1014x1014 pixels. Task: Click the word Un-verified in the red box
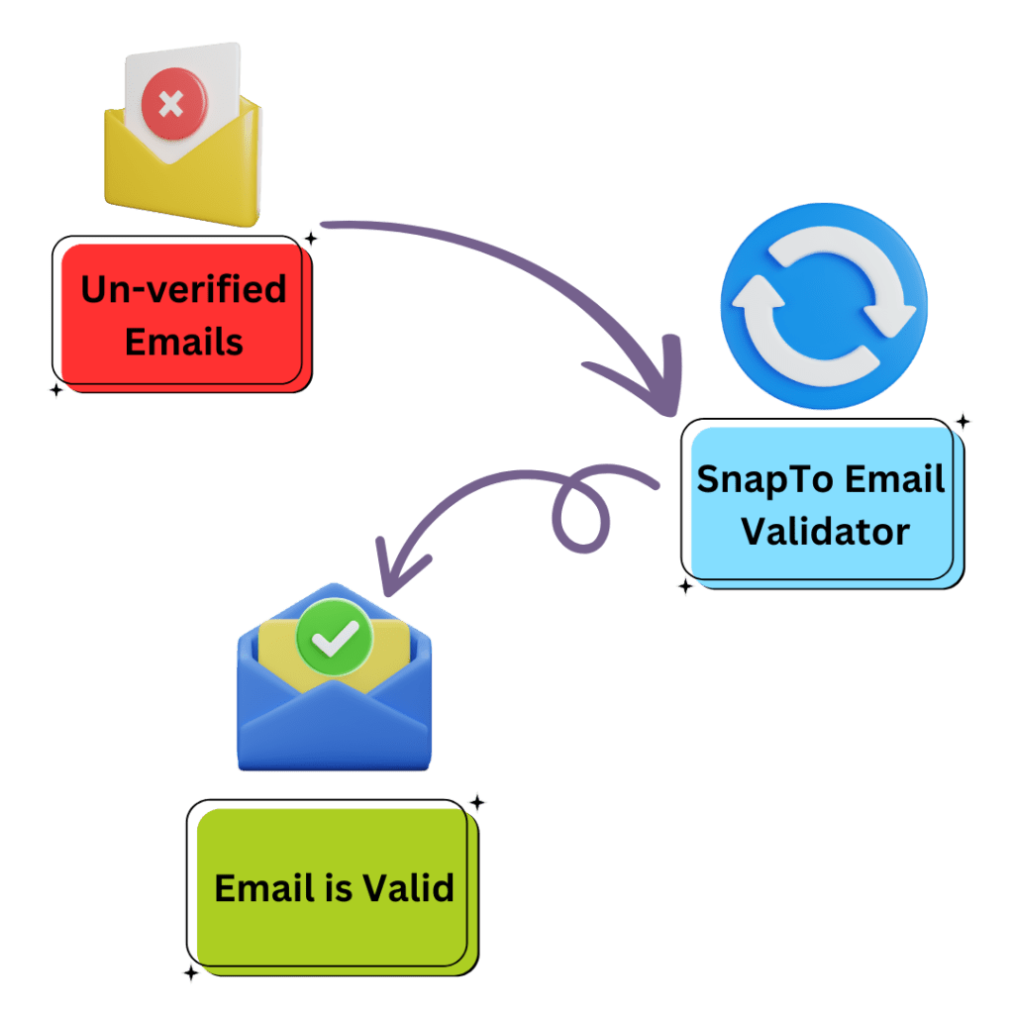tap(183, 290)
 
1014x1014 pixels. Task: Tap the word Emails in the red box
tap(184, 342)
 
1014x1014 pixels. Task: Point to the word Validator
tap(825, 532)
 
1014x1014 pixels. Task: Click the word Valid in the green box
tap(409, 887)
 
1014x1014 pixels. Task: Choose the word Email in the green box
tap(257, 887)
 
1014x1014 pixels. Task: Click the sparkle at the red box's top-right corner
tap(311, 238)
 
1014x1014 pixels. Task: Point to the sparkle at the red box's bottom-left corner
tap(55, 390)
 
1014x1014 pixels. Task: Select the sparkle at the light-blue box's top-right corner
tap(962, 422)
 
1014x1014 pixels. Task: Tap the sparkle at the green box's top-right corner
tap(477, 802)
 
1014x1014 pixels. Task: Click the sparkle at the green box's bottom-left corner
tap(190, 974)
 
